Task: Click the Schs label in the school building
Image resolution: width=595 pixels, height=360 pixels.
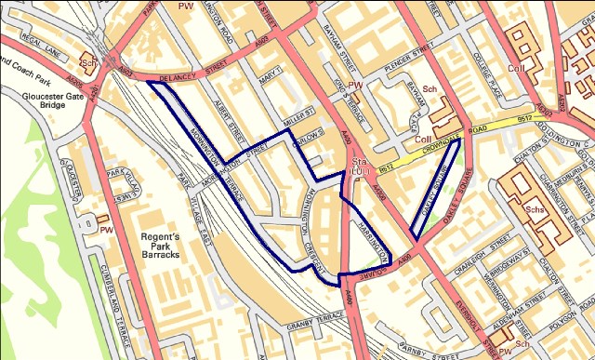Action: pyautogui.click(x=534, y=211)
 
